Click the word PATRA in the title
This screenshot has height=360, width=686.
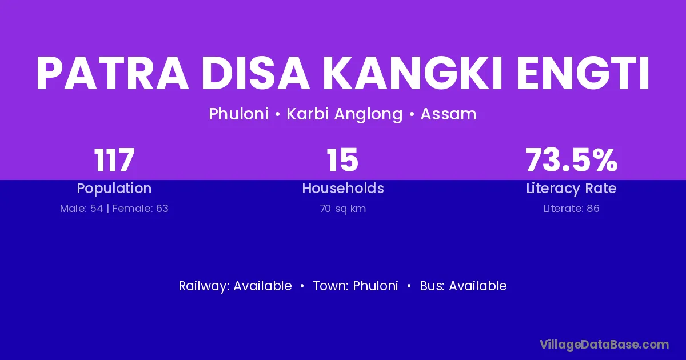coord(113,74)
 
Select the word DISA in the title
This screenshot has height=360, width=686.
coord(255,74)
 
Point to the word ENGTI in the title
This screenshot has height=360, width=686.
coord(583,74)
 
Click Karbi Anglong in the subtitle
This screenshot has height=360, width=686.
coord(345,114)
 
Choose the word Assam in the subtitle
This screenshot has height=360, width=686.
coord(448,114)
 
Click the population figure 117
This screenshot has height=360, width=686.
coord(114,160)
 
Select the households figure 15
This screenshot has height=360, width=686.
coord(342,160)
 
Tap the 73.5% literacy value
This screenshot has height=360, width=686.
coord(572,160)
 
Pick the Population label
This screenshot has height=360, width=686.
coord(114,189)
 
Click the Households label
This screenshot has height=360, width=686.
coord(343,188)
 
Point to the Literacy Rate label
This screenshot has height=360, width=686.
coord(571,189)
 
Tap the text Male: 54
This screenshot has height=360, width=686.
coord(81,209)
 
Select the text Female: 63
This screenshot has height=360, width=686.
coord(140,209)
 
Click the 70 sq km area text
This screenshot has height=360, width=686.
coord(343,209)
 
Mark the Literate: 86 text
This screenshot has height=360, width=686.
coord(572,209)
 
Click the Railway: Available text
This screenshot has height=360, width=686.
coord(235,286)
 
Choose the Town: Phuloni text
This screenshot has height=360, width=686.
coord(356,286)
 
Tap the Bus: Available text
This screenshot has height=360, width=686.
coord(464,286)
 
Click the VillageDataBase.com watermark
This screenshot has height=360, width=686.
coord(605,345)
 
